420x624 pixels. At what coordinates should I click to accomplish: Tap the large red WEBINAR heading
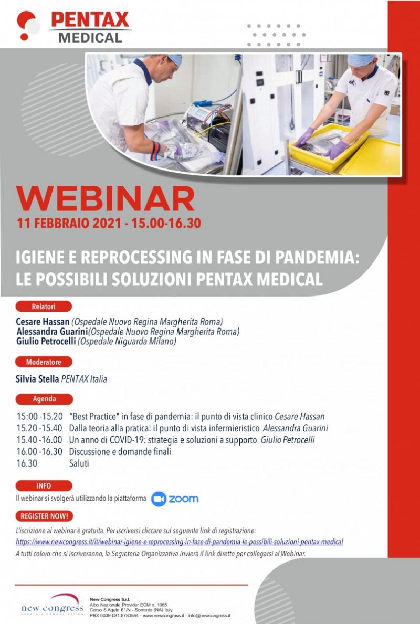[106, 199]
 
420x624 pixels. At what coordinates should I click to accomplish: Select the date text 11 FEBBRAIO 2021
[68, 223]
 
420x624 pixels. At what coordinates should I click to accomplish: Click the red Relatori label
[44, 306]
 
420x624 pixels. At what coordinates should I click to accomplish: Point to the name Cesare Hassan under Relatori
[43, 322]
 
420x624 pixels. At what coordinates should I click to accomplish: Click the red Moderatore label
[44, 362]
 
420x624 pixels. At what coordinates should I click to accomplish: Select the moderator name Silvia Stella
[37, 379]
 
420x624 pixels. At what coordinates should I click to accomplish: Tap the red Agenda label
[44, 399]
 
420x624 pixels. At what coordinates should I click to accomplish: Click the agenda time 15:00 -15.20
[40, 417]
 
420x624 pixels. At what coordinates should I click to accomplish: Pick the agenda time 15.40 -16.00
[39, 440]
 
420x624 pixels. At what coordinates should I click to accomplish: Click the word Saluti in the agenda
[79, 463]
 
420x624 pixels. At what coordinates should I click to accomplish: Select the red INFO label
[44, 486]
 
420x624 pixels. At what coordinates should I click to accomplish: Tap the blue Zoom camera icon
[159, 499]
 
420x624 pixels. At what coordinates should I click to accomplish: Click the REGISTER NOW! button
[44, 516]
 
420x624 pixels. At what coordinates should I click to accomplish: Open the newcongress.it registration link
[180, 542]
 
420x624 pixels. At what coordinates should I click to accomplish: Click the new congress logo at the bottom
[52, 605]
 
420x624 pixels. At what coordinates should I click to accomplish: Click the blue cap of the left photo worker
[174, 59]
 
